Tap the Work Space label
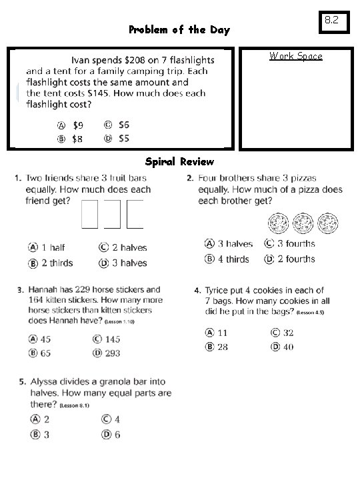(x=295, y=56)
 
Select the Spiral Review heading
(x=179, y=161)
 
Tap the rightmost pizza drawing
(x=327, y=222)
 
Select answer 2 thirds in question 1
(x=57, y=263)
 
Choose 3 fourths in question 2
(x=295, y=244)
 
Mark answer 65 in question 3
(x=45, y=353)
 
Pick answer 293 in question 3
(x=111, y=353)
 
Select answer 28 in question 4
(x=222, y=347)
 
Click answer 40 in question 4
(x=287, y=347)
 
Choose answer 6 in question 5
(x=117, y=435)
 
